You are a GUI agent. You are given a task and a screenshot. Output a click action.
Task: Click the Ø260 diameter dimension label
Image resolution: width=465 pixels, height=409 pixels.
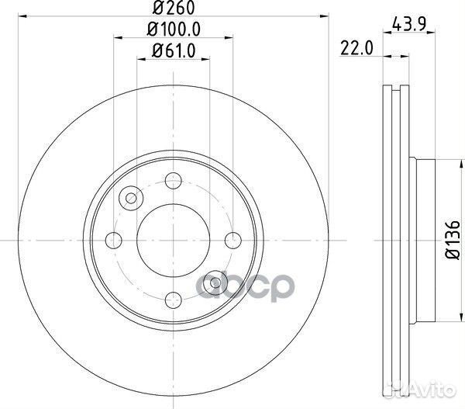point(174,8)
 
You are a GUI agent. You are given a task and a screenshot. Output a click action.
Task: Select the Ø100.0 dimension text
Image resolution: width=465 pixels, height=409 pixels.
point(174,29)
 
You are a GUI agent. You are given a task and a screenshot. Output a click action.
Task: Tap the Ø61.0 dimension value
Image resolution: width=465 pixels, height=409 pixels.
point(174,50)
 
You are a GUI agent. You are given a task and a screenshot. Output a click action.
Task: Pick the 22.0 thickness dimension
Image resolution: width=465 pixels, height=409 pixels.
point(356,48)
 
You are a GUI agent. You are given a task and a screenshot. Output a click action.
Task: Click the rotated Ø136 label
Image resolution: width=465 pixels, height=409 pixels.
point(453,240)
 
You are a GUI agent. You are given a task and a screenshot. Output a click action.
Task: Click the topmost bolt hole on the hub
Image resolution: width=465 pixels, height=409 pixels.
point(174,180)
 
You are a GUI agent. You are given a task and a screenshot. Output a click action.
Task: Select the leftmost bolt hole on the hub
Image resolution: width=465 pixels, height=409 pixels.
point(114,241)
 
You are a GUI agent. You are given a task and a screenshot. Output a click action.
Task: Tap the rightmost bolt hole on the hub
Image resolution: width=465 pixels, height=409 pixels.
point(233,241)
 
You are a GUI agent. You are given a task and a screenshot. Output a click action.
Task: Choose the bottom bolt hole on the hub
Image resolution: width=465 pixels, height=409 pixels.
point(174,300)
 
